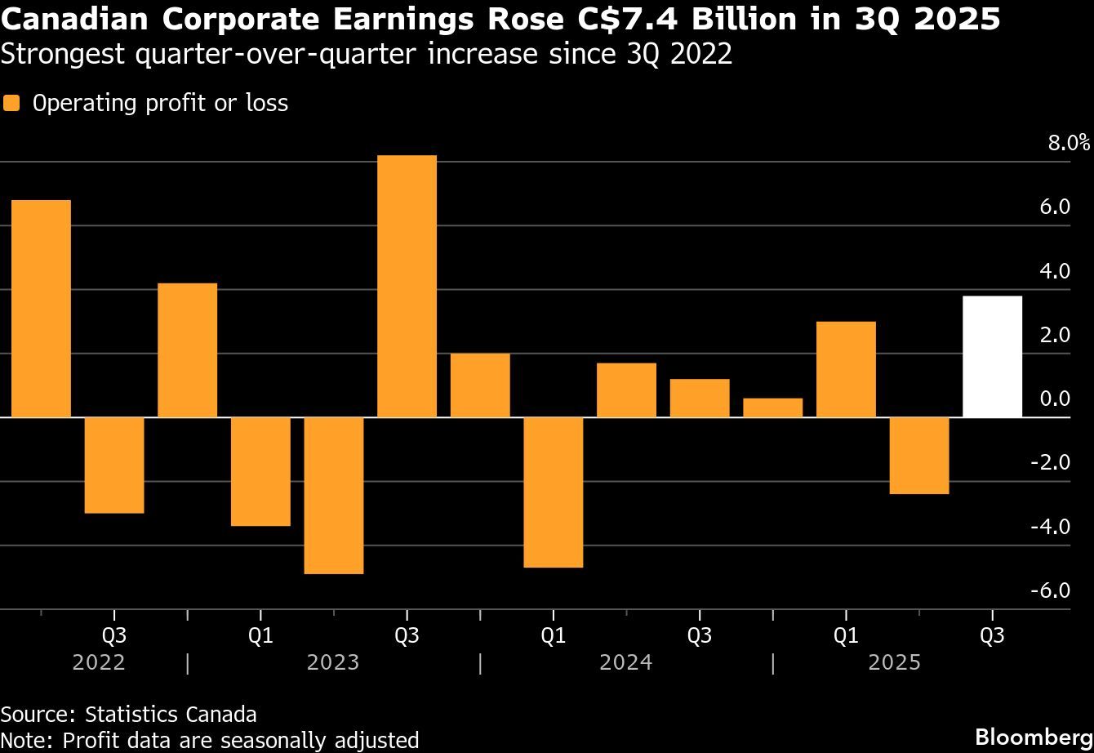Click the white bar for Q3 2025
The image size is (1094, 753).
point(992,356)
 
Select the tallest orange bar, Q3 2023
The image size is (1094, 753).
point(407,286)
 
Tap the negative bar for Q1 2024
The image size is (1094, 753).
point(553,492)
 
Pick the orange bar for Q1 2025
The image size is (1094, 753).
point(846,369)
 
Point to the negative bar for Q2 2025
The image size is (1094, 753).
point(919,456)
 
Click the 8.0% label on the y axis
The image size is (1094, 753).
point(1069,144)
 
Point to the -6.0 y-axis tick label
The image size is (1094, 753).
point(1050,590)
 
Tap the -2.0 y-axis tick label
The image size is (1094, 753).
point(1050,463)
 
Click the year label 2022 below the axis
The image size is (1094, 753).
point(99,662)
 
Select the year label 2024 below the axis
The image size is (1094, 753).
point(625,662)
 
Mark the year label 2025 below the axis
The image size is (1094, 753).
point(894,662)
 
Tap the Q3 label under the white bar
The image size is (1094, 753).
point(992,636)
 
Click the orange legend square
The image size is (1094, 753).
point(11,104)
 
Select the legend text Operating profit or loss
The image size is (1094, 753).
point(160,104)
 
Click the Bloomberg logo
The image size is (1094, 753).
point(1034,733)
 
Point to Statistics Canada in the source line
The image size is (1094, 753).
point(171,715)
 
